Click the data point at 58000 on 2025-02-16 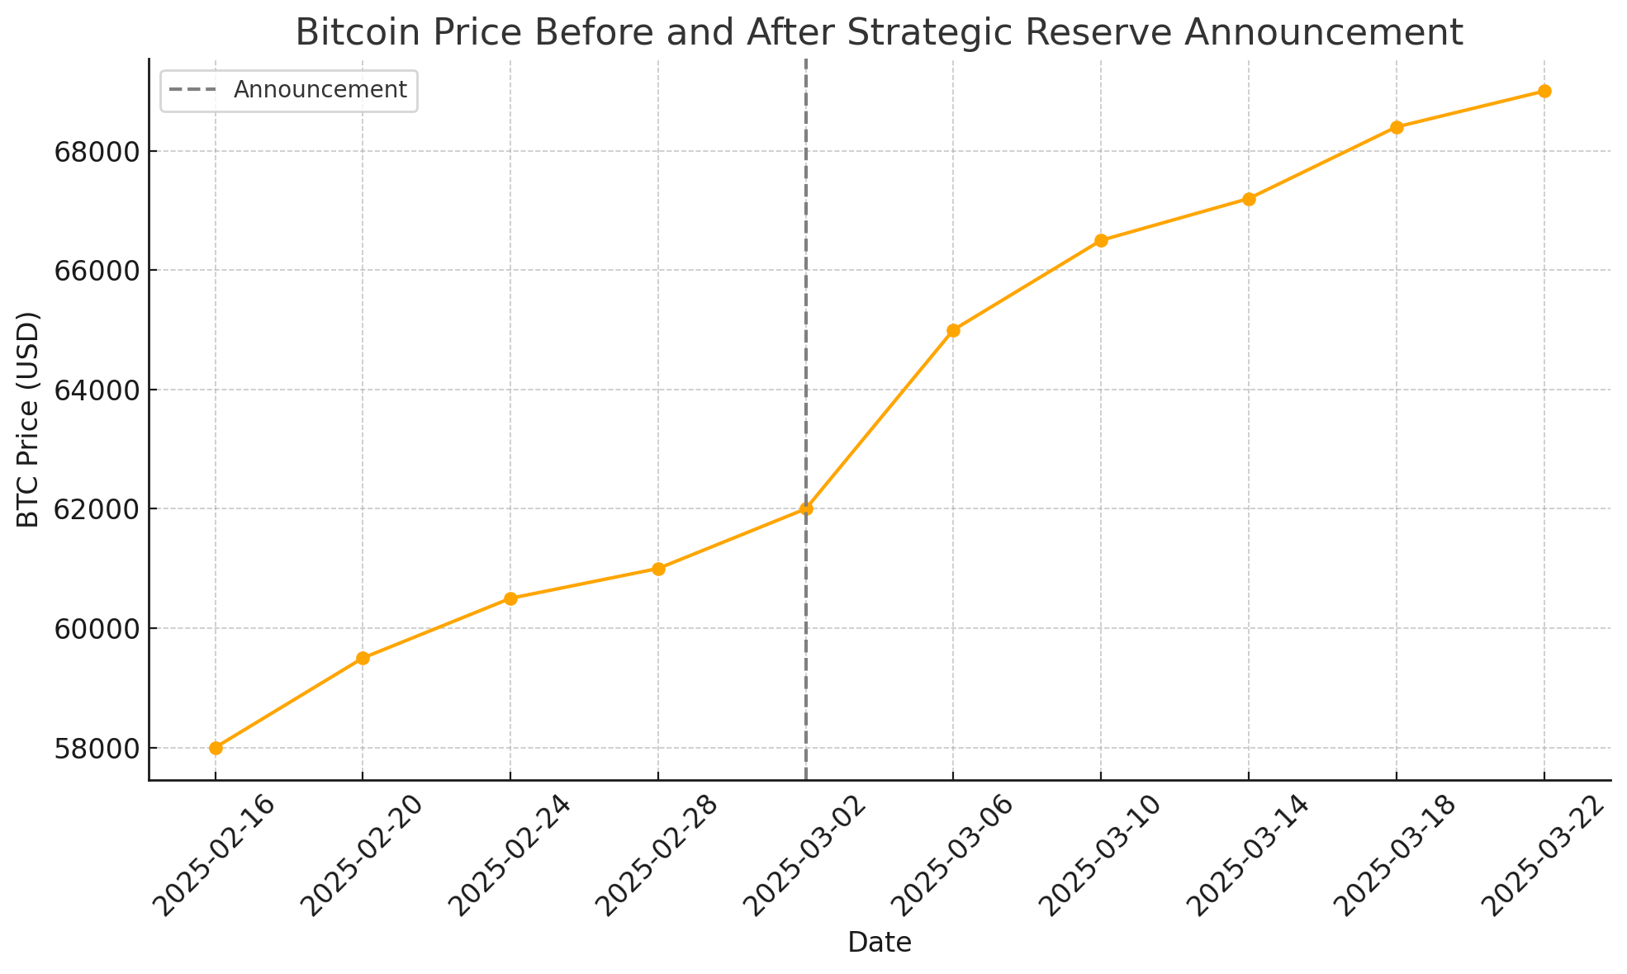(216, 748)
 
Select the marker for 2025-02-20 (363, 658)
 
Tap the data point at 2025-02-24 (510, 598)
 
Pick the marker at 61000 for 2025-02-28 (658, 569)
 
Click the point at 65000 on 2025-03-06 (953, 330)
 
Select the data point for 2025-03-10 (1101, 240)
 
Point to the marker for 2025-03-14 (1249, 199)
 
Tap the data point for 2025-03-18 (1397, 127)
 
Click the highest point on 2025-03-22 (1544, 91)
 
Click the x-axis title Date (880, 943)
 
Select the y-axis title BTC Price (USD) (29, 419)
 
